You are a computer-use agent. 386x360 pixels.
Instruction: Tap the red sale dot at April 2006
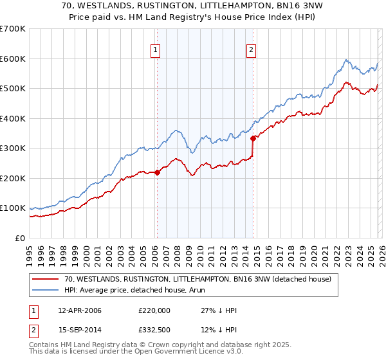click(157, 172)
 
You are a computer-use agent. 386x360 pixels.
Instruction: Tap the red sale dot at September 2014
click(253, 138)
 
